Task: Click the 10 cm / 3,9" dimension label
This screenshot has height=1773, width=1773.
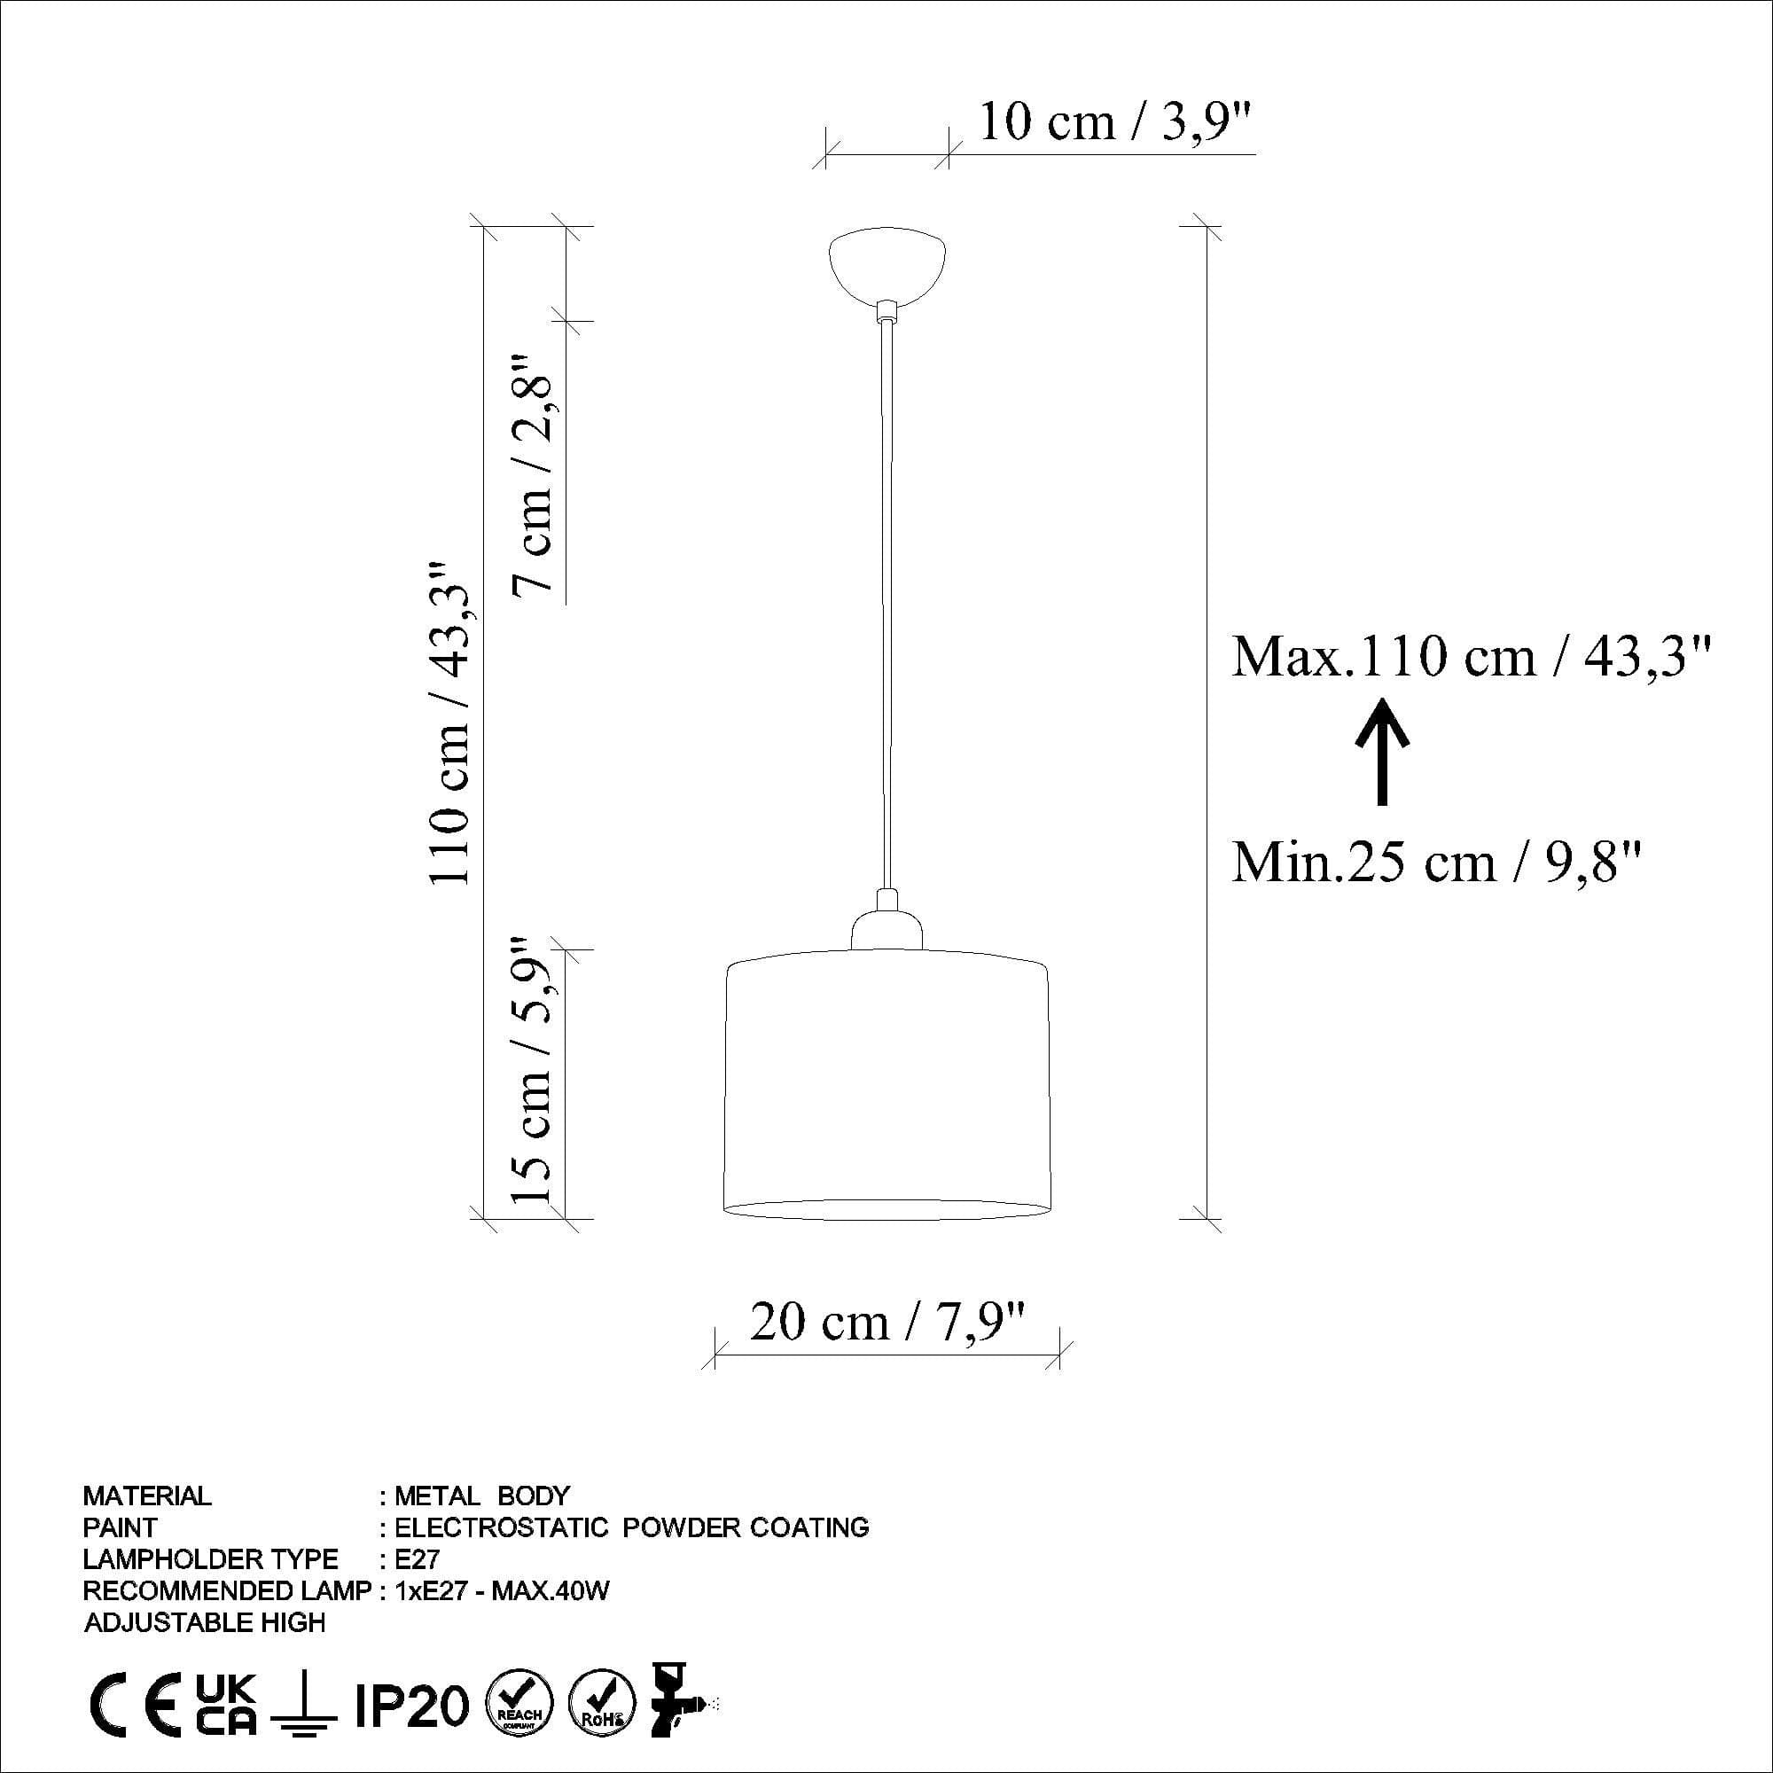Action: [1115, 122]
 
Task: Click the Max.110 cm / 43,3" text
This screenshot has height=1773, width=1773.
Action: [1471, 657]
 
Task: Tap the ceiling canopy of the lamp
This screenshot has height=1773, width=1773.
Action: [886, 266]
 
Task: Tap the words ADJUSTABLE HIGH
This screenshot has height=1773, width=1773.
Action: [205, 1622]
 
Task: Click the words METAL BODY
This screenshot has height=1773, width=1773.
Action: [481, 1496]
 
